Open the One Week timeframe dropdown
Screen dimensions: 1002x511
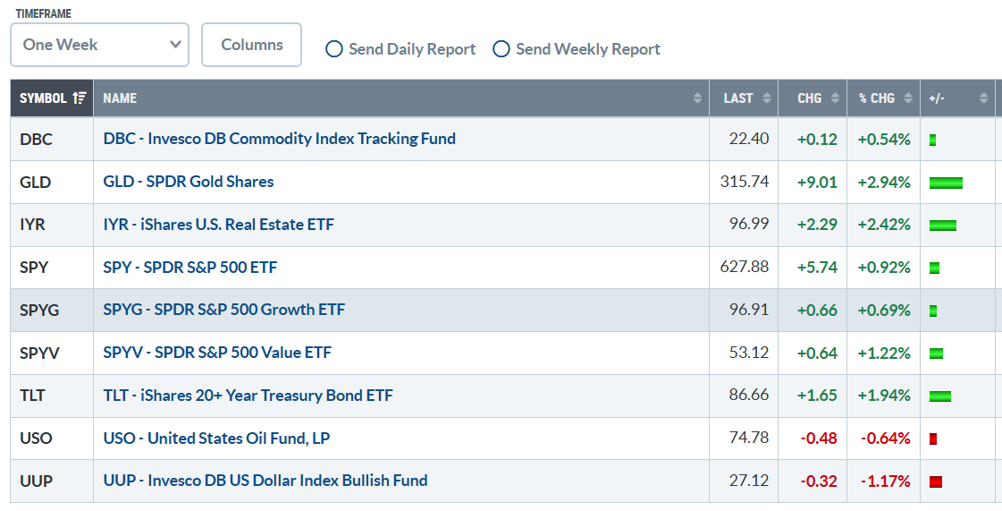click(100, 45)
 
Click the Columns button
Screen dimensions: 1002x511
click(252, 45)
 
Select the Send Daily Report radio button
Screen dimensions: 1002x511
click(334, 49)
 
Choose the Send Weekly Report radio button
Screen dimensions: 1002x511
click(501, 49)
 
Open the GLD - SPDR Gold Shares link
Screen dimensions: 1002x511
click(189, 182)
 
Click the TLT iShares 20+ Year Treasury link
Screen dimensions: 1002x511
click(248, 396)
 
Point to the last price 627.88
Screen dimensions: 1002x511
click(745, 266)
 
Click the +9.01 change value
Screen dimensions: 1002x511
click(817, 183)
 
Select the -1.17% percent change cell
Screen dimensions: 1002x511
click(885, 481)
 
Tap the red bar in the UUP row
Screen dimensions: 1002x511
click(936, 481)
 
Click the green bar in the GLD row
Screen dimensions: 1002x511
click(946, 183)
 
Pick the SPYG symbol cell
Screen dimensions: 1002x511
click(39, 311)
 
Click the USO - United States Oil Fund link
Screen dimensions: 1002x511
click(216, 439)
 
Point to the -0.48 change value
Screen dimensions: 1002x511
click(819, 439)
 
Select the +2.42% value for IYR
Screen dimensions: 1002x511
click(884, 225)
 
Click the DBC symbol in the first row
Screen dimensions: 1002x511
click(36, 140)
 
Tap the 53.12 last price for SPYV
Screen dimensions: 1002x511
click(749, 353)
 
